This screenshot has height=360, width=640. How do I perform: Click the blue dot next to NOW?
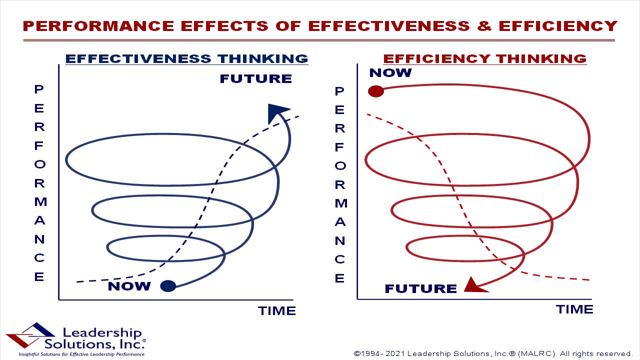[x=168, y=286]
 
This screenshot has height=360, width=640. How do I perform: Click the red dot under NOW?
[x=375, y=91]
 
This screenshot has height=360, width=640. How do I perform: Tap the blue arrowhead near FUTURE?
[x=276, y=113]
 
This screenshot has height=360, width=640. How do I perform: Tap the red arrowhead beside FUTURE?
[x=474, y=285]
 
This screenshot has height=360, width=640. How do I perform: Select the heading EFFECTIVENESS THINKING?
[x=187, y=59]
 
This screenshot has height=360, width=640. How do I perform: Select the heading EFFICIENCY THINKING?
[x=485, y=59]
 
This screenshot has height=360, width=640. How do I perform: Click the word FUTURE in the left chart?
[x=256, y=78]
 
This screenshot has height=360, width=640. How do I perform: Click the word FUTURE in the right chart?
[x=421, y=288]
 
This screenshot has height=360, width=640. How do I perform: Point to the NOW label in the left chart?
[x=129, y=286]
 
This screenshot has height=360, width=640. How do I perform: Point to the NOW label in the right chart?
[x=390, y=73]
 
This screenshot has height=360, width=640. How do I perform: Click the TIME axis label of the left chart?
[x=277, y=311]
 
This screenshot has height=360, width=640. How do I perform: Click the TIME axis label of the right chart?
[x=574, y=309]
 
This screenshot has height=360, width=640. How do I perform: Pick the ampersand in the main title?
[x=484, y=26]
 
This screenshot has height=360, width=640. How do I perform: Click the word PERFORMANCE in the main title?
[x=98, y=26]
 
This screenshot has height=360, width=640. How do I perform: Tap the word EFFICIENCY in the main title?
[x=558, y=26]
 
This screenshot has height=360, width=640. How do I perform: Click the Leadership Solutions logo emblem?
[x=30, y=335]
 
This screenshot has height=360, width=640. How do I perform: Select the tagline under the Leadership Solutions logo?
[x=81, y=354]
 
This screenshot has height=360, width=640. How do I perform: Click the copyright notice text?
[x=493, y=353]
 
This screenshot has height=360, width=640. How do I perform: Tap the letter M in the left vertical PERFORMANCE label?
[x=40, y=201]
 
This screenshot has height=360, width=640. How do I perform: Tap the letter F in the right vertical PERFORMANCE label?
[x=339, y=147]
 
